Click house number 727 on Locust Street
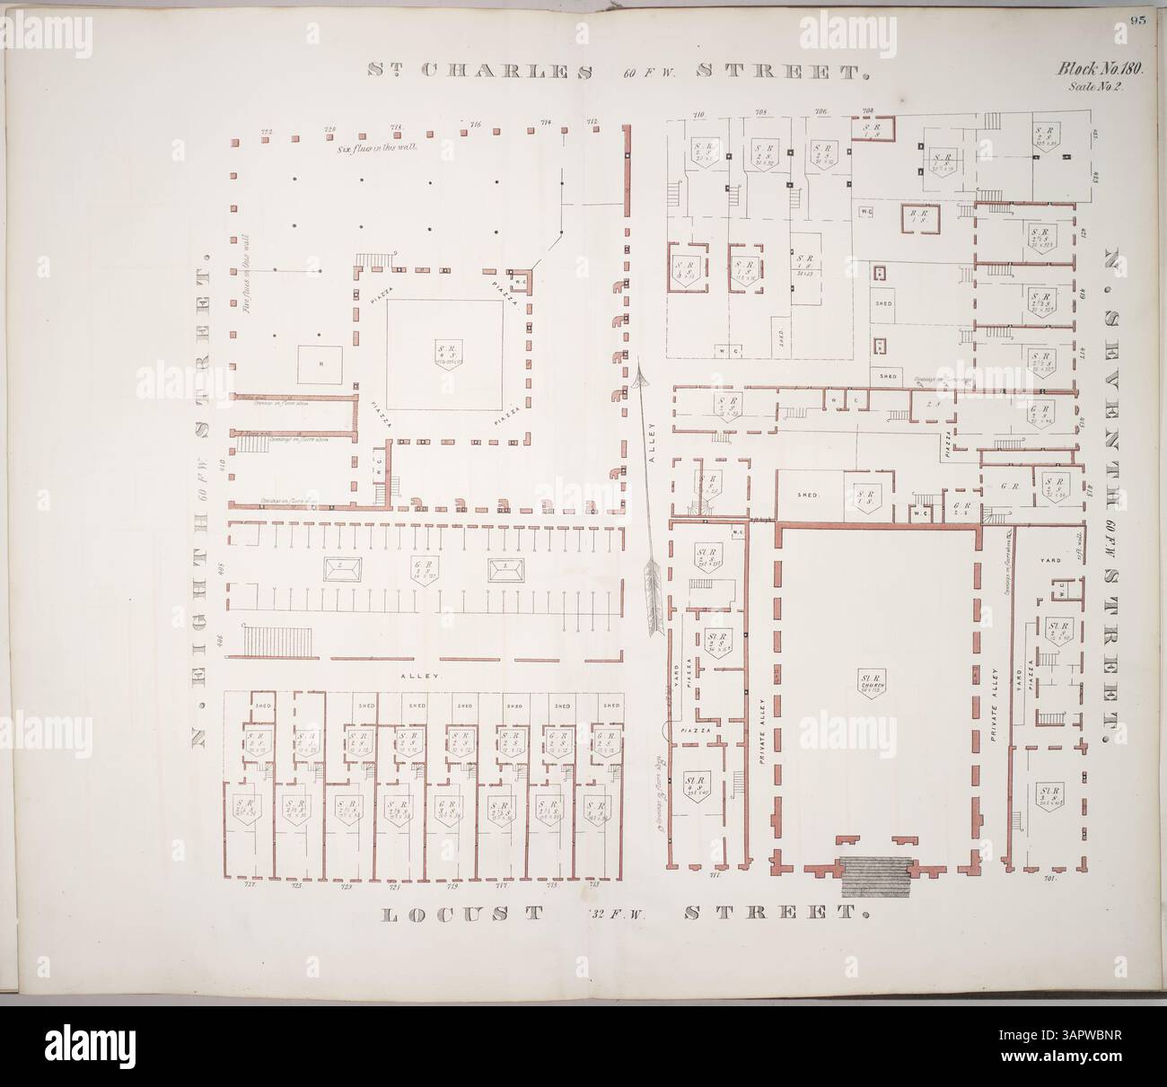[x=250, y=885]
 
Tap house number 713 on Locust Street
[x=593, y=885]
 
